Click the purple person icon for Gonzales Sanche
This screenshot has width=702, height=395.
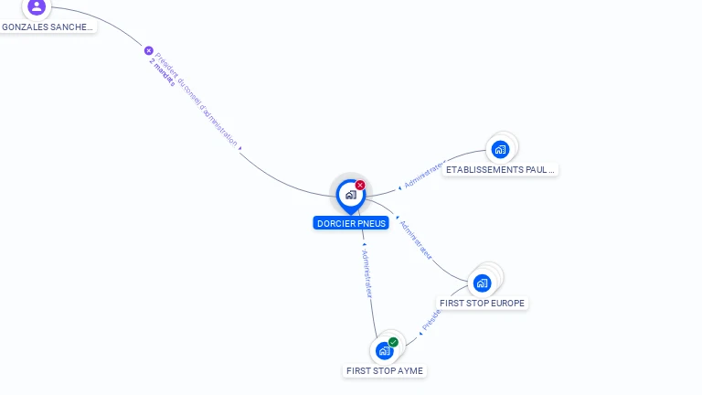click(36, 6)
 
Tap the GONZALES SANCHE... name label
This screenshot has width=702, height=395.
click(48, 27)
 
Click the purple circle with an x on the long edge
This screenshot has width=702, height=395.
click(149, 51)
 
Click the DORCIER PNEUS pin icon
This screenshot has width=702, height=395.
click(350, 195)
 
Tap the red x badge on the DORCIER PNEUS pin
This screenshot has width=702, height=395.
click(360, 185)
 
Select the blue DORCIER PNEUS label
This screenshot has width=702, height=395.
click(351, 223)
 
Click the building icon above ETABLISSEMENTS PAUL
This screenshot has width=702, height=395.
click(500, 149)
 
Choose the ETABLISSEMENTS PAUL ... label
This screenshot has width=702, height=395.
click(499, 170)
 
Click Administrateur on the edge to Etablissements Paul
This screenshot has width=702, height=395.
click(422, 176)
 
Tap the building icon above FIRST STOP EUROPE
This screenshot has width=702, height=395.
click(482, 283)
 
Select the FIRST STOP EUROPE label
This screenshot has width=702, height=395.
click(483, 303)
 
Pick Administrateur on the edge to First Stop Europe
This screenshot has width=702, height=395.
click(416, 239)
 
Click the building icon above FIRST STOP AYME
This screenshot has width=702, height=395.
click(385, 350)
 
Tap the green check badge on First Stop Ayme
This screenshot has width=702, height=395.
click(393, 342)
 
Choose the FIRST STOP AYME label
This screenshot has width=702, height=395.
click(385, 371)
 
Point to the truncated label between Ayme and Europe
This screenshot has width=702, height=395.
click(431, 317)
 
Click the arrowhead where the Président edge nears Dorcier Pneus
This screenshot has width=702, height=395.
click(240, 148)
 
